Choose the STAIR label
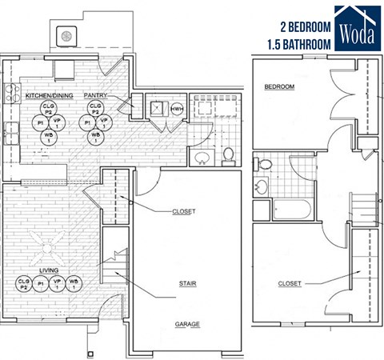(189, 283)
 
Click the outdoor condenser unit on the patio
(66, 35)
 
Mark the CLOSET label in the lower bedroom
(290, 283)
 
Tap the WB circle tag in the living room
(74, 282)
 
